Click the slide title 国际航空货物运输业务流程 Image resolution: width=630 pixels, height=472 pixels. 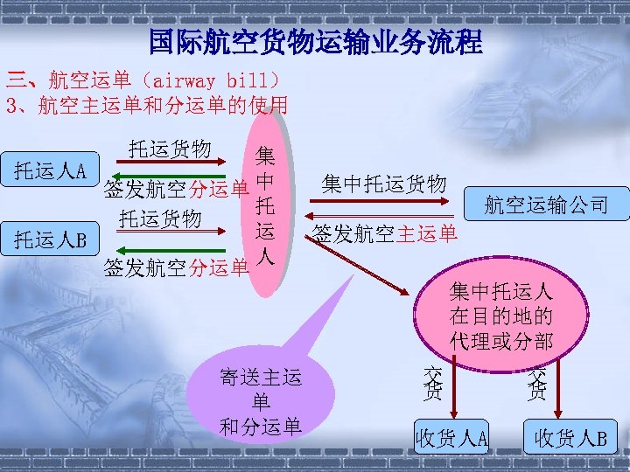(315, 41)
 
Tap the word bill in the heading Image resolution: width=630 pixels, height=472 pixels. (248, 81)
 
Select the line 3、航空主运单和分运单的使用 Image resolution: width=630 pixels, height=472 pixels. (146, 107)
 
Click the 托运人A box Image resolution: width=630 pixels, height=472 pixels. (50, 170)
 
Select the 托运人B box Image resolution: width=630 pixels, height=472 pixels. (50, 239)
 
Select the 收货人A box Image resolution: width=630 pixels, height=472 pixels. (451, 437)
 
